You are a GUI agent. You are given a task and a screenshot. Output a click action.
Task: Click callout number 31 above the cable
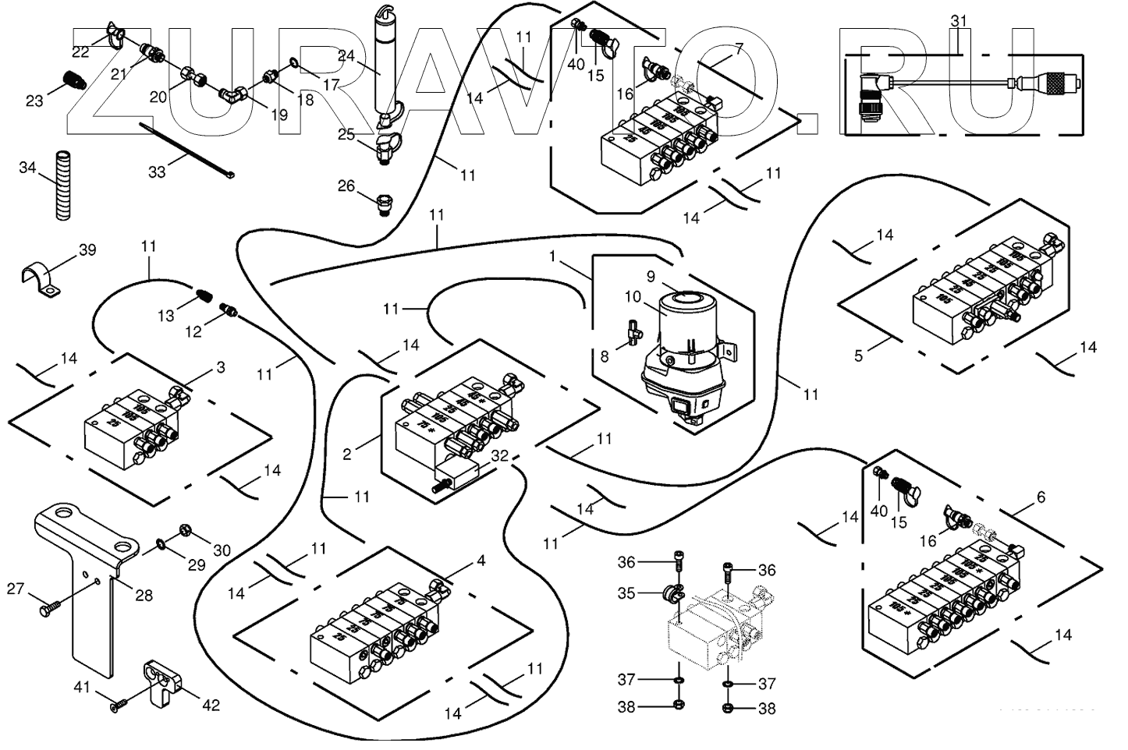[x=959, y=21]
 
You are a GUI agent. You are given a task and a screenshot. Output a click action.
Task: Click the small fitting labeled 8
[x=632, y=333]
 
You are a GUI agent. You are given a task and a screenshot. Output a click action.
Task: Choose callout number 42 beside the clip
[x=211, y=705]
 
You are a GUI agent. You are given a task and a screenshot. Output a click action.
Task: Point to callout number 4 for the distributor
[x=481, y=561]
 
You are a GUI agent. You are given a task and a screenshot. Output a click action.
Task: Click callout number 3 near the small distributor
[x=221, y=366]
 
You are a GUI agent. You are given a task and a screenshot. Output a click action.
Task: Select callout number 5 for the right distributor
[x=858, y=356]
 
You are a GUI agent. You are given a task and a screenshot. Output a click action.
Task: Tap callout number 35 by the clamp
[x=627, y=593]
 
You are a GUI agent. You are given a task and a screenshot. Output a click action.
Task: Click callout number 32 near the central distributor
[x=500, y=457]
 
